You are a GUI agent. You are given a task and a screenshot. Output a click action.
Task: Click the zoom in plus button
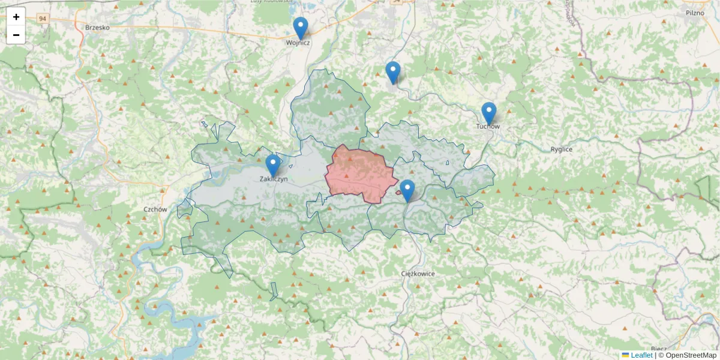coord(16,17)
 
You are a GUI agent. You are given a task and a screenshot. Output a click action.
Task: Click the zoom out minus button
coord(16,35)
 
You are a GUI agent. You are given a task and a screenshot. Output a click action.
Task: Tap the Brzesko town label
coord(97,28)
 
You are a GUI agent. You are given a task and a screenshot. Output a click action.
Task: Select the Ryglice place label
coord(562,149)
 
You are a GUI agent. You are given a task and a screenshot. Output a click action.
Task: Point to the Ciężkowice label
coord(418,274)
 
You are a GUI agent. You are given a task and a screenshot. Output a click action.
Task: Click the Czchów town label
coord(155,209)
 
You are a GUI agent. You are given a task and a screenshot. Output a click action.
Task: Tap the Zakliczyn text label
coord(274,179)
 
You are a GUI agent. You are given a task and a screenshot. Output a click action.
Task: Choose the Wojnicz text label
coord(298,43)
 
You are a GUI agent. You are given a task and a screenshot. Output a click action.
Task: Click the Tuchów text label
coord(488,127)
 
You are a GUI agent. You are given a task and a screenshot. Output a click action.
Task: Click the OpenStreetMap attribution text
coord(691,355)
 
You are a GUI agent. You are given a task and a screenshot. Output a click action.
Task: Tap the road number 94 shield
coord(42,19)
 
